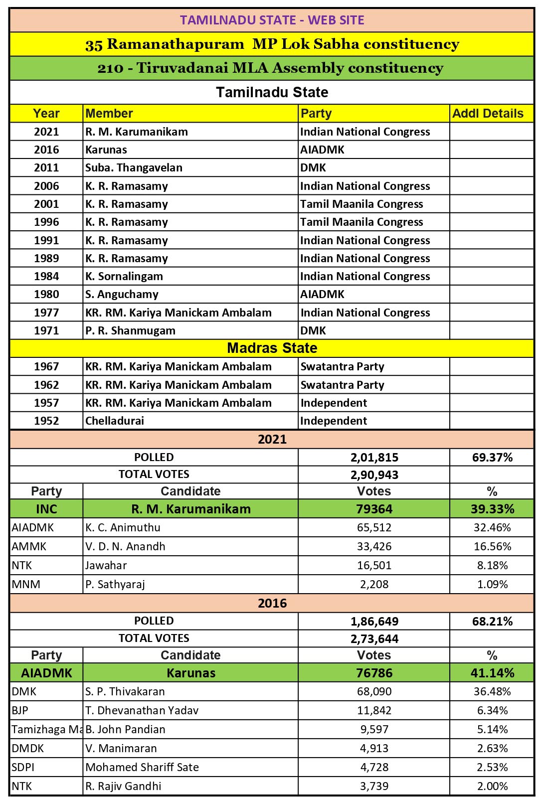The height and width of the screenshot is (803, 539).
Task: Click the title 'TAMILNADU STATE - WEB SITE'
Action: [272, 20]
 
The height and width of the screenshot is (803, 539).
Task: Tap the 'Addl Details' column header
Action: [488, 114]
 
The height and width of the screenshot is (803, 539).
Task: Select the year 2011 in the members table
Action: [46, 168]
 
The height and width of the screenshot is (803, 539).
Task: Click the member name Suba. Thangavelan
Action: [134, 168]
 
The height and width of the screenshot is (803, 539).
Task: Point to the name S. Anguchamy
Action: [122, 295]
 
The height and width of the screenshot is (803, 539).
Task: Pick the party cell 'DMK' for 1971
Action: [313, 330]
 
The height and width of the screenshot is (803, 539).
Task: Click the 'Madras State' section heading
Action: [272, 348]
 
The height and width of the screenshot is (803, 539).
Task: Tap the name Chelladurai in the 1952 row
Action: [115, 421]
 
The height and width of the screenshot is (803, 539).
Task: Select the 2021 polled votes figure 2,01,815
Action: [374, 458]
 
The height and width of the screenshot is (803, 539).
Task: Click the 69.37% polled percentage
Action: [492, 458]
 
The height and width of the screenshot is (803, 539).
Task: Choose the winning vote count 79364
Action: [374, 509]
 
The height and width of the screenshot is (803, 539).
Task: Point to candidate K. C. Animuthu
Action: [123, 527]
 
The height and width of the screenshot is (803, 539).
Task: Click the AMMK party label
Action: [29, 546]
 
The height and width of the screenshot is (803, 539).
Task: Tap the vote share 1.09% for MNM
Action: [492, 584]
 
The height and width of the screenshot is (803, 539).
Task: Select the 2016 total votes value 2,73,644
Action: [374, 639]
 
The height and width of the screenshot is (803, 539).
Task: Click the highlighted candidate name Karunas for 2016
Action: [191, 673]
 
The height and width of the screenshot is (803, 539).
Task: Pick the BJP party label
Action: [20, 710]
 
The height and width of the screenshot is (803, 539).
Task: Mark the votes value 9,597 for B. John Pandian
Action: [374, 729]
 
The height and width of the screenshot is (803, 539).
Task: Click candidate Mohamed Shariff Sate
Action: [142, 767]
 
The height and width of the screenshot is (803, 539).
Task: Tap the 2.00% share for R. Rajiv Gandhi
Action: [492, 786]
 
